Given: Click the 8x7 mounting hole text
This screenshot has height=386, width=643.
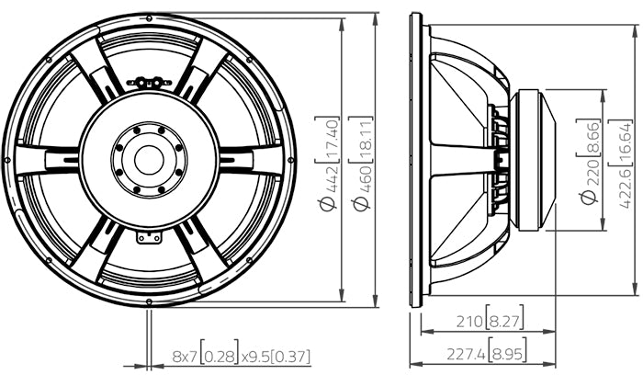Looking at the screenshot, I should click(184, 355).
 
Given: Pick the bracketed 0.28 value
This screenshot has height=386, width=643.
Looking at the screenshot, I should click(221, 355).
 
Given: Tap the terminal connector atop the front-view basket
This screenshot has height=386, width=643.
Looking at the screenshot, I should click(149, 81).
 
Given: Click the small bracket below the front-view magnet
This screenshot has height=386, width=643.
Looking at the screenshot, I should click(149, 237).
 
